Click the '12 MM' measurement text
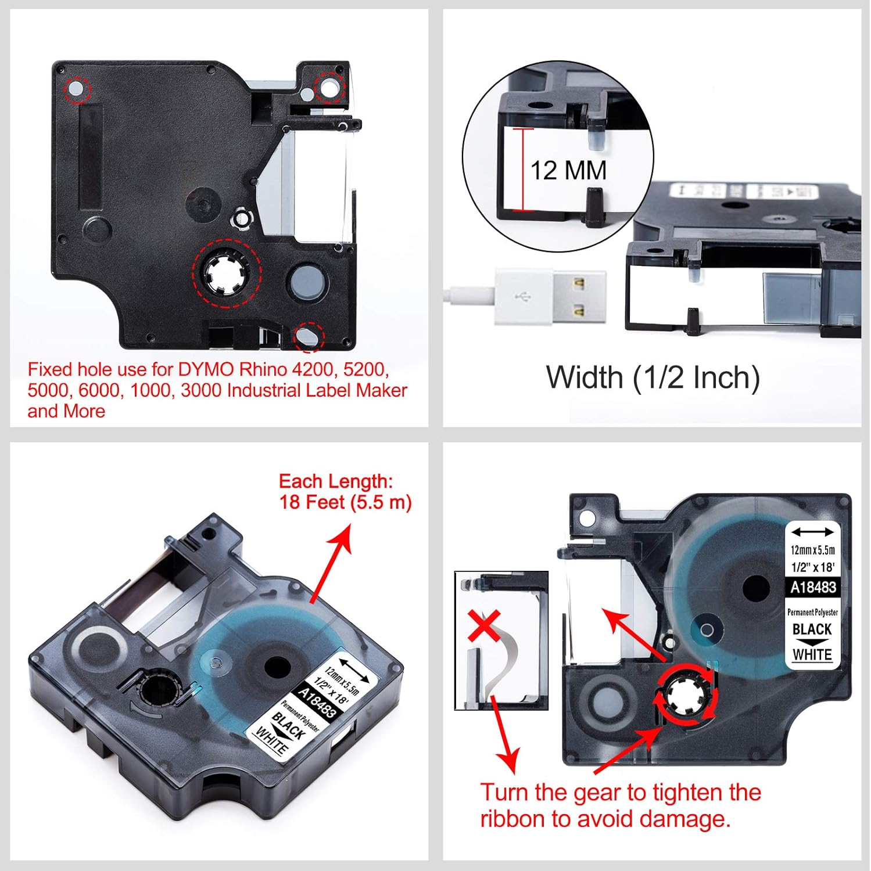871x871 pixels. [568, 171]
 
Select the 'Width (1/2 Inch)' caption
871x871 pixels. [653, 377]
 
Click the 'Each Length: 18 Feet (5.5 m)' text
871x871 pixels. [345, 491]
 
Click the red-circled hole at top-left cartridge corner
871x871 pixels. [77, 89]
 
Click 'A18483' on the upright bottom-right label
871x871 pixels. [812, 587]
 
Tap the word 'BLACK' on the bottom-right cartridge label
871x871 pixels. [812, 629]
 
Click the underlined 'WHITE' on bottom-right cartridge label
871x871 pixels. [812, 654]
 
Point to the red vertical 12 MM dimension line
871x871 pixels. [524, 170]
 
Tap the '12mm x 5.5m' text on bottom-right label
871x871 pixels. [812, 550]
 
